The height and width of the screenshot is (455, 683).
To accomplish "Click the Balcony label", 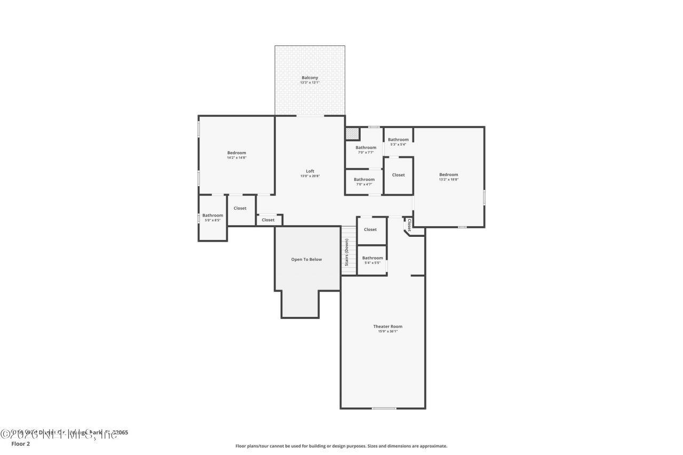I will tap(309, 78).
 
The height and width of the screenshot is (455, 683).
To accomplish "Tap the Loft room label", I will tap(310, 171).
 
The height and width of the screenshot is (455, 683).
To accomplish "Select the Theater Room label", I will tap(388, 326).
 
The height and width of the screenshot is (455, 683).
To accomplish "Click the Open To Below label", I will tap(306, 260).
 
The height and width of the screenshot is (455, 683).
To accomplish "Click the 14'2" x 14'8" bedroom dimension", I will tap(236, 158).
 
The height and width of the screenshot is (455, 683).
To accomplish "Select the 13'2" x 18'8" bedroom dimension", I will tap(449, 180).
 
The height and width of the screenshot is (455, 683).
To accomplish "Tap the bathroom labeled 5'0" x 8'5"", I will tap(212, 218).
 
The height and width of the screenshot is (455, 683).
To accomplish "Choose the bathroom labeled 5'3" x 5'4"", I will tap(398, 142).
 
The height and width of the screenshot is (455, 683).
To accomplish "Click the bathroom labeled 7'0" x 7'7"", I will tap(366, 150).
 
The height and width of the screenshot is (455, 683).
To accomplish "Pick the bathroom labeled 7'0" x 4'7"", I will tap(364, 182).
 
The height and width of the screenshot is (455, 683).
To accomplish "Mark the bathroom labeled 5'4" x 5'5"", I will tap(372, 260).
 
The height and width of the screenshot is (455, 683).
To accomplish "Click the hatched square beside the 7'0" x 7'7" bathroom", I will tap(352, 133).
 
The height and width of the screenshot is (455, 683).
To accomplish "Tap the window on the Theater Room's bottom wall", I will tap(384, 409).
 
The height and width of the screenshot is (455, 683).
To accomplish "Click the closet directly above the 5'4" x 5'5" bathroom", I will tap(370, 230).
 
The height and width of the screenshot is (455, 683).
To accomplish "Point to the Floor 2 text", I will tap(20, 444).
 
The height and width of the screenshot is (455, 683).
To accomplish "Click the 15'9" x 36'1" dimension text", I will tap(388, 332).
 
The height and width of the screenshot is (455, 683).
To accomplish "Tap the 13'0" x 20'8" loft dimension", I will tap(310, 176).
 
